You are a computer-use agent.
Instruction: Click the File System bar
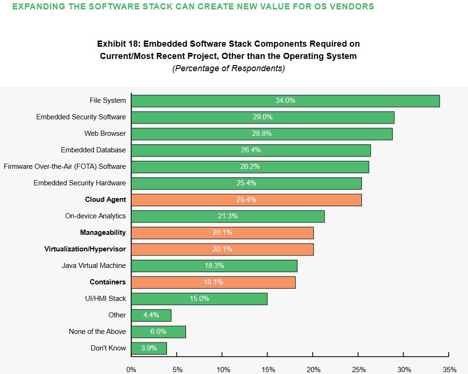point(285,101)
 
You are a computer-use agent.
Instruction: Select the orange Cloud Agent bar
point(246,200)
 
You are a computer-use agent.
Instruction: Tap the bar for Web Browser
point(262,134)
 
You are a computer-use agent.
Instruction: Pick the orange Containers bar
point(213,283)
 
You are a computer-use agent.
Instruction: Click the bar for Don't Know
point(149,349)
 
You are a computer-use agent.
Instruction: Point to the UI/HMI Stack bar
point(199,299)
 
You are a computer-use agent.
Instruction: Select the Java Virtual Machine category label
point(93,266)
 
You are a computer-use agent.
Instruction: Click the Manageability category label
point(103,233)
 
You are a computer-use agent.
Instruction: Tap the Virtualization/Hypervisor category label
point(85,249)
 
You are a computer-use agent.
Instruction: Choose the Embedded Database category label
point(93,150)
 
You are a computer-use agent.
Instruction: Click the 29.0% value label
point(263,117)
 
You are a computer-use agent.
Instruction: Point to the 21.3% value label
point(228,216)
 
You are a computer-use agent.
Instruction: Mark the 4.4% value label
point(151,315)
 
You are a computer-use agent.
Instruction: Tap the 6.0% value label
point(159,332)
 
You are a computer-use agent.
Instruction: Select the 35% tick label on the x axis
point(449,369)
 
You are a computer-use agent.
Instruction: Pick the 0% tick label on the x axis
point(131,369)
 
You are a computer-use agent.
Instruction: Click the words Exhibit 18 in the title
point(117,44)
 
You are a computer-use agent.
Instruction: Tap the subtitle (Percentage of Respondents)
point(228,68)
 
